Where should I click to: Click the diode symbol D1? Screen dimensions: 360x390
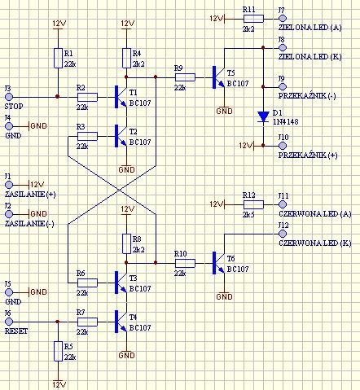(263, 116)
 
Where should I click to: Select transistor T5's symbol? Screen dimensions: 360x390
(219, 77)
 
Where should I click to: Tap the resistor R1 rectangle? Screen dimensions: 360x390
(58, 58)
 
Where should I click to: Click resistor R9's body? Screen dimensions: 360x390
(185, 77)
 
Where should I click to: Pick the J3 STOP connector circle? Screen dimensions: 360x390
(9, 97)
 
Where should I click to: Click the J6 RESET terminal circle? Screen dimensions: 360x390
(9, 322)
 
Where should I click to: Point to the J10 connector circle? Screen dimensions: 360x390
(283, 146)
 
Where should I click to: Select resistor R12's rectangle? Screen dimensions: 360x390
(253, 204)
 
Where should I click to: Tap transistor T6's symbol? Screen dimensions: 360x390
(219, 263)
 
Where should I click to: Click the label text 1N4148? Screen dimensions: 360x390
(285, 122)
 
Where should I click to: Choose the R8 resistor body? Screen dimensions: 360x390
(126, 243)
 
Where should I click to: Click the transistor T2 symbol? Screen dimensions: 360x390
(121, 136)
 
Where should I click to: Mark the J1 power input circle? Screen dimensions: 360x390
(9, 185)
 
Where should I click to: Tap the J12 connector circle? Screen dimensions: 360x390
(283, 234)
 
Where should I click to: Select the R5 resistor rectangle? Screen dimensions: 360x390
(58, 351)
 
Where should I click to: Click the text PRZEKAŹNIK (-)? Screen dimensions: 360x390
(307, 96)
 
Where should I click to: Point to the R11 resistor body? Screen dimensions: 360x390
(253, 19)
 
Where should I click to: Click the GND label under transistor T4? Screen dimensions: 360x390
(126, 355)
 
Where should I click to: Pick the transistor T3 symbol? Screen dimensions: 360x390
(121, 283)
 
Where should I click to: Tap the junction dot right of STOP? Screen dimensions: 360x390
(57, 97)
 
